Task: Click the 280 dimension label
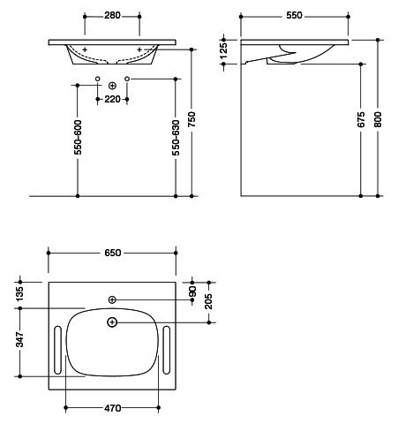(x=112, y=15)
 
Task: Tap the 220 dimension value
(x=112, y=100)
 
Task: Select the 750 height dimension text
(x=191, y=119)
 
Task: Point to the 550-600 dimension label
(x=78, y=137)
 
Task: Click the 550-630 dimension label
(x=176, y=138)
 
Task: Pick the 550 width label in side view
(x=294, y=15)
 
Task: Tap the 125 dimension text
(x=223, y=51)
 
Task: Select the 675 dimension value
(x=361, y=119)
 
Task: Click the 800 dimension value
(x=378, y=119)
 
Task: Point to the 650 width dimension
(x=112, y=253)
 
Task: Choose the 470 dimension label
(x=112, y=408)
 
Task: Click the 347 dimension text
(x=19, y=339)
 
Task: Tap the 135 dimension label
(x=19, y=293)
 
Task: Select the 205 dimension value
(x=208, y=301)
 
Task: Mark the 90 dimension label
(x=192, y=291)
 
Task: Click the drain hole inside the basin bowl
(x=112, y=322)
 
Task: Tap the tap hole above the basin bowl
(x=112, y=299)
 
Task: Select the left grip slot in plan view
(x=57, y=350)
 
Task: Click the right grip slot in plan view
(x=166, y=350)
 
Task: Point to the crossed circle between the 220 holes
(x=112, y=86)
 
